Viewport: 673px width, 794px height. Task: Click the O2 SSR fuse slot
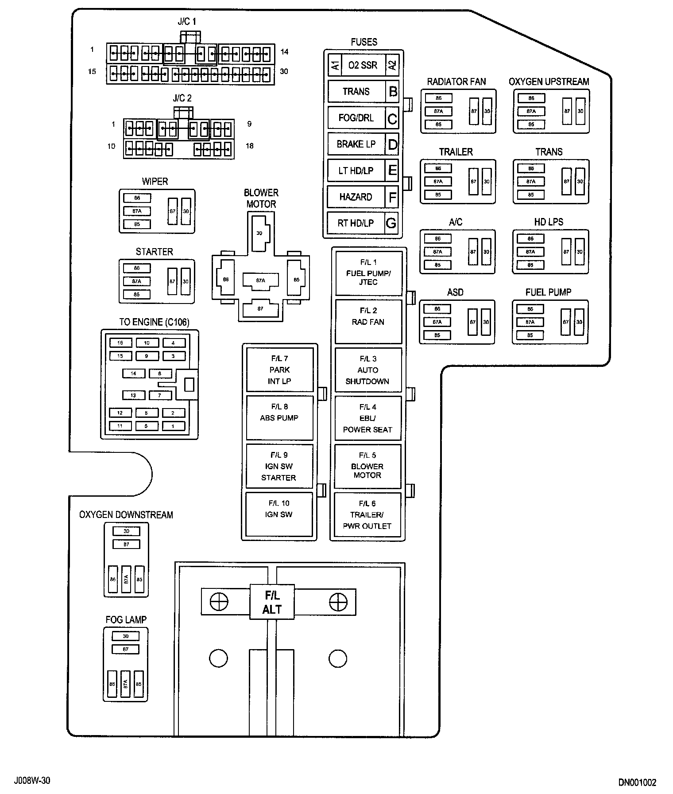coord(363,65)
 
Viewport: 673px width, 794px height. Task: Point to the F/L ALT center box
coord(272,602)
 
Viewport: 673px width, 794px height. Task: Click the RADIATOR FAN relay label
coord(456,82)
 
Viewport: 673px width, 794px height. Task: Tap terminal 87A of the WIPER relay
coord(137,211)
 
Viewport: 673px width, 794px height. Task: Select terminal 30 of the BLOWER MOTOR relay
coord(260,233)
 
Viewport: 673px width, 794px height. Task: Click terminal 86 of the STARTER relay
coord(137,268)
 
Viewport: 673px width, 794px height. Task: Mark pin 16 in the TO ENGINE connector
coord(120,343)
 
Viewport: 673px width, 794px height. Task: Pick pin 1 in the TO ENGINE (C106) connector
coord(173,426)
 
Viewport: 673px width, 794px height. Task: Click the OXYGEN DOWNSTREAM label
coord(126,515)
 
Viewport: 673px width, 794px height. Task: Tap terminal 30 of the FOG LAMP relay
coord(126,636)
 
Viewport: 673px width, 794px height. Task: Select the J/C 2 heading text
coord(182,98)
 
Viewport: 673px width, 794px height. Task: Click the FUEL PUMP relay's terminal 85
coord(530,335)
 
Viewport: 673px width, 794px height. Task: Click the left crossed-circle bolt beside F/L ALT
coord(219,602)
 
